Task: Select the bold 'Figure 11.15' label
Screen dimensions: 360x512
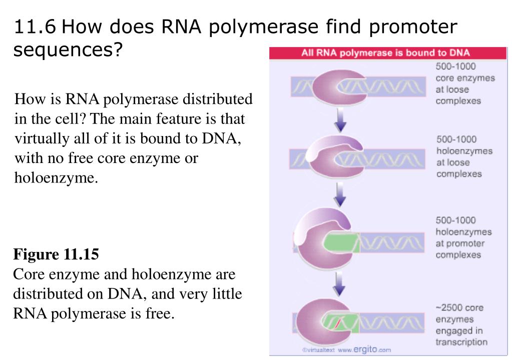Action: click(56, 254)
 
